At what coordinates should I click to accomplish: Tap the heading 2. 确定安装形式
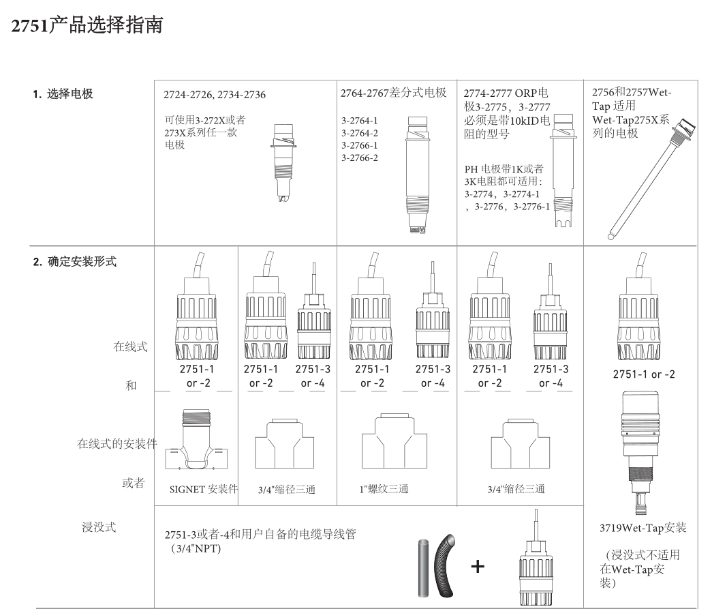(72, 261)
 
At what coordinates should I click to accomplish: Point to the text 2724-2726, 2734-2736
(211, 95)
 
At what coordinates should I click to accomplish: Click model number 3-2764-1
(360, 121)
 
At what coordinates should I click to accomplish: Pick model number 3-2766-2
(360, 158)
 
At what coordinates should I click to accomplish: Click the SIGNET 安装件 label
(204, 490)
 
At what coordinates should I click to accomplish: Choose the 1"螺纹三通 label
(384, 490)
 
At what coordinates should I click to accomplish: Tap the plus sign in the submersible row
(479, 566)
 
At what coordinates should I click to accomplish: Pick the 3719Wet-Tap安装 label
(642, 527)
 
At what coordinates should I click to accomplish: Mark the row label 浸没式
(99, 527)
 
